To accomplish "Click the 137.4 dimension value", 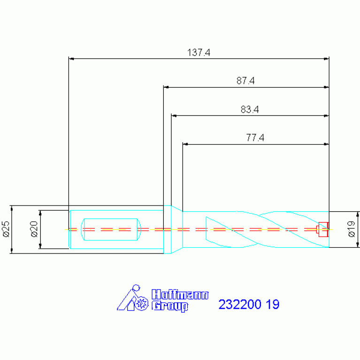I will coord(199,53).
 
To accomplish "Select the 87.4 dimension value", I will coord(245,81).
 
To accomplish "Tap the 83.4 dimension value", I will coord(250,110).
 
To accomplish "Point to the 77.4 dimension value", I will coord(255,138).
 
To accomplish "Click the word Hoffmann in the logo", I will coord(180,295).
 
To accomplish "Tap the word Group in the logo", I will coord(169,306).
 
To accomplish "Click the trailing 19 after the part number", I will coord(273,305).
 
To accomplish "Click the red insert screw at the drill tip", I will coord(322,229).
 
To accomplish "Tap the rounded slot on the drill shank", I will coord(111,229).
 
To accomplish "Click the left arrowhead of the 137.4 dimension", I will coord(71,59).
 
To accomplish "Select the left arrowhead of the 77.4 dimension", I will coord(185,144).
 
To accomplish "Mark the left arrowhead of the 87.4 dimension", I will coord(166,87).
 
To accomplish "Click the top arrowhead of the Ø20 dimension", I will coord(41,212).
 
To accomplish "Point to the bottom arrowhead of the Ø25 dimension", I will coord(10,252).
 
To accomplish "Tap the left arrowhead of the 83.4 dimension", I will coord(174,115).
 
